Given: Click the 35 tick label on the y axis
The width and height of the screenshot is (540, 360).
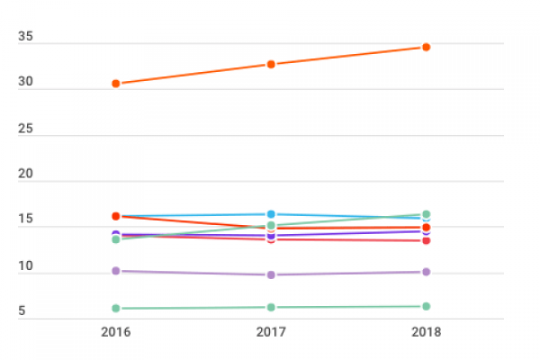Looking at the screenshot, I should (x=26, y=37).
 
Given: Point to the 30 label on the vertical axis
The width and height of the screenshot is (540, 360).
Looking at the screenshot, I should (x=26, y=83).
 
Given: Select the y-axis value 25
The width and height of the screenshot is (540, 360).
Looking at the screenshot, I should (x=26, y=129).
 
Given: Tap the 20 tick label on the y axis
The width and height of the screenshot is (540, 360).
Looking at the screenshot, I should (x=26, y=175).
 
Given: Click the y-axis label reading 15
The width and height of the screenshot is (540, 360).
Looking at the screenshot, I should (x=26, y=221).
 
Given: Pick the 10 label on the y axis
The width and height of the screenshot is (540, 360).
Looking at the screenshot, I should (x=26, y=267).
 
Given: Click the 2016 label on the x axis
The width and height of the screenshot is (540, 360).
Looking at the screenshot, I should (x=116, y=333).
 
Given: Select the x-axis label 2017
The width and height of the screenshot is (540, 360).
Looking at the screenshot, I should (x=271, y=333).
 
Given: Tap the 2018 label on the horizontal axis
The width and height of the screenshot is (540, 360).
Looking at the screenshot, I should (x=426, y=333).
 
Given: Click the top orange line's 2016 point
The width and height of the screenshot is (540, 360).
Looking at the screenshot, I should (x=116, y=84).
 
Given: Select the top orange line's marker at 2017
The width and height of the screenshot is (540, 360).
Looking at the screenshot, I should (x=271, y=65).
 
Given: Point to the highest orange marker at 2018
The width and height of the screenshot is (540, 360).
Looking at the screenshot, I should (x=426, y=47).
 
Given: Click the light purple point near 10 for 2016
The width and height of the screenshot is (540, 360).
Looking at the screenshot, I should (x=116, y=271).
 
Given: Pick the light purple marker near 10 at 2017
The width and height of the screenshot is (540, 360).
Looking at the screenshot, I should (x=271, y=274).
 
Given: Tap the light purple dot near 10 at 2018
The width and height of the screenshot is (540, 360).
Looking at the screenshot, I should (x=426, y=272).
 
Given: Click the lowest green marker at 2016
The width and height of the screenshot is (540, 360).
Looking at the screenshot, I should (x=116, y=309).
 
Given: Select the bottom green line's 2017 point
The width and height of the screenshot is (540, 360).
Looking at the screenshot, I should (x=271, y=308).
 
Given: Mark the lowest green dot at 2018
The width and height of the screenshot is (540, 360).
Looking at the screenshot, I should (x=426, y=307).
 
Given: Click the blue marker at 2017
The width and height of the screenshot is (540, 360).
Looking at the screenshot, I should (x=271, y=214).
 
